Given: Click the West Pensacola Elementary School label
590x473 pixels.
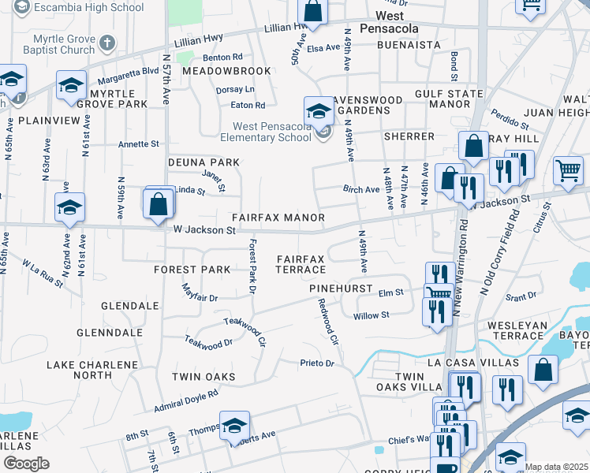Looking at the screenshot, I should (271, 132).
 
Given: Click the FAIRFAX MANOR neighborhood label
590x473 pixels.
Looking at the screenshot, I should (278, 217).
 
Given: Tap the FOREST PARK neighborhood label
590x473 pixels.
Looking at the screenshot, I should (192, 269).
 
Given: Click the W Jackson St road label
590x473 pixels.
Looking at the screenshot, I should (204, 230).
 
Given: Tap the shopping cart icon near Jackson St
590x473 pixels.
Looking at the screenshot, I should (568, 169).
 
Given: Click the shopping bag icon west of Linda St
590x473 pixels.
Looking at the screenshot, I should (159, 203).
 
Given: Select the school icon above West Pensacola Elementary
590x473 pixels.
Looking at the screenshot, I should (319, 110).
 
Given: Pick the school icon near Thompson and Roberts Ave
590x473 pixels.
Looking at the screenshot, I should (234, 426).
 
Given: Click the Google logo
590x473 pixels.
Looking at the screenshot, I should (25, 464).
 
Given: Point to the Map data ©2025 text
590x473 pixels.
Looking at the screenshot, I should (556, 467).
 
